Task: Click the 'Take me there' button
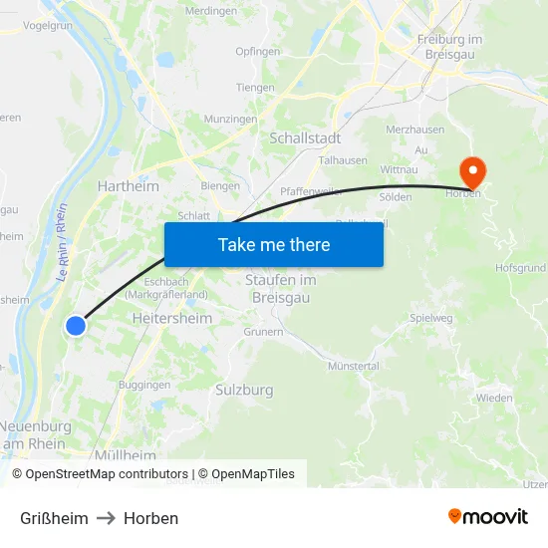point(274,244)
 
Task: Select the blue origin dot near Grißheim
point(76,325)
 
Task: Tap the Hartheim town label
point(128,185)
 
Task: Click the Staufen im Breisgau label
point(280,288)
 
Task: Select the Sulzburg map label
point(244,390)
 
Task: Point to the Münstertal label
point(353,366)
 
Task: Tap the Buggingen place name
point(144,384)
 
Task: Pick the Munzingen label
point(231,118)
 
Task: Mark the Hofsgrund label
point(521,267)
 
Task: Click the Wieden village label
point(494,398)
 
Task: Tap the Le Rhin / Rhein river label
point(62,241)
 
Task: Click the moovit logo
point(487,517)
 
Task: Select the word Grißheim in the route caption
point(54,518)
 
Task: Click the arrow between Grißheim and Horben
point(106,518)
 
